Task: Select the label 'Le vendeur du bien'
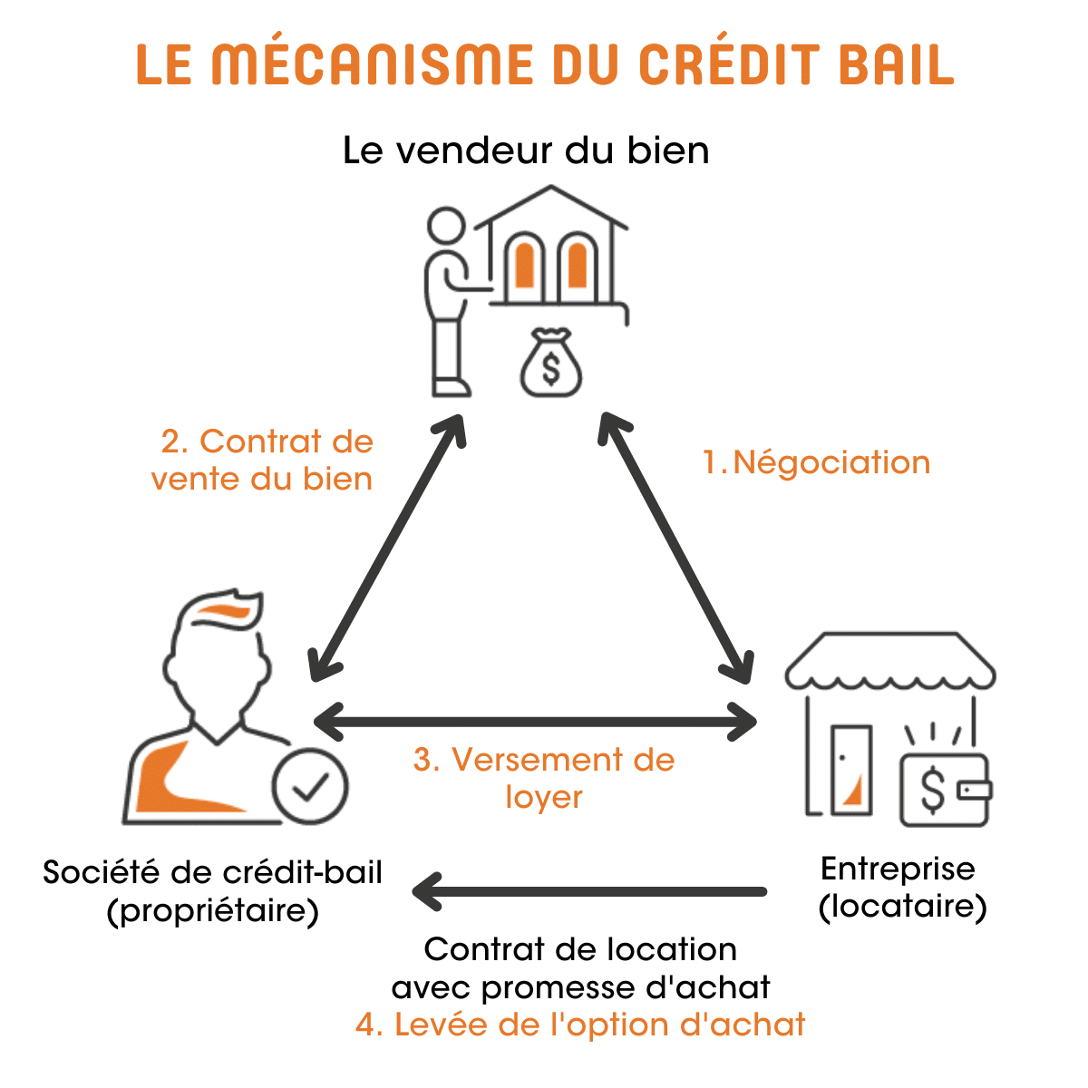pyautogui.click(x=526, y=151)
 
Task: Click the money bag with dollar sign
pyautogui.click(x=550, y=364)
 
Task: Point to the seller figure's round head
pyautogui.click(x=446, y=227)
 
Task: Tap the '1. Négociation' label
pyautogui.click(x=817, y=462)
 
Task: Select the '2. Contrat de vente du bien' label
pyautogui.click(x=263, y=460)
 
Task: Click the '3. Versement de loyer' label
pyautogui.click(x=544, y=778)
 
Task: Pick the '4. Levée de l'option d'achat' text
pyautogui.click(x=580, y=1025)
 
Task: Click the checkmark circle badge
pyautogui.click(x=310, y=786)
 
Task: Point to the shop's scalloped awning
pyautogui.click(x=889, y=662)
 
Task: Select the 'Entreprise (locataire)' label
pyautogui.click(x=899, y=887)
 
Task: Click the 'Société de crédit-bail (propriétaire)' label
pyautogui.click(x=213, y=891)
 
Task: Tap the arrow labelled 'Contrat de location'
pyautogui.click(x=589, y=892)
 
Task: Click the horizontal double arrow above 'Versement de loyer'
pyautogui.click(x=535, y=723)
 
